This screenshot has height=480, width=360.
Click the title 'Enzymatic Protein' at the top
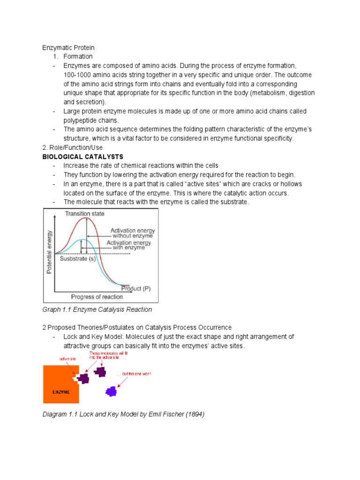pos(68,48)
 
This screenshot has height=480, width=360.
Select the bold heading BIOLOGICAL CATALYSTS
pos(82,157)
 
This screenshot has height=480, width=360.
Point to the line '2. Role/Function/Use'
pos(72,148)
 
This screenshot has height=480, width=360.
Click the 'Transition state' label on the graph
pos(85,214)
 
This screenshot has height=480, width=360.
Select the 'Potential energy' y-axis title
pos(49,252)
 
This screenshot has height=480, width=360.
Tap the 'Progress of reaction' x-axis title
pos(97,296)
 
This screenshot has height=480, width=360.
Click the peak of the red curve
pos(86,218)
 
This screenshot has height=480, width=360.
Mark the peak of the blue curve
pos(82,240)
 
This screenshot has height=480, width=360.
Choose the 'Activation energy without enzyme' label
pos(133,233)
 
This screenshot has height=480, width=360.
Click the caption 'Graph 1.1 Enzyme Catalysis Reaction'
pos(97,310)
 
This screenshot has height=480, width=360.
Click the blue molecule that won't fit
pos(111,390)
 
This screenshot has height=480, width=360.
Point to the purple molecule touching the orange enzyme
pos(83,378)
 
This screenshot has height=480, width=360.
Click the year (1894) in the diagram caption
pos(194,416)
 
